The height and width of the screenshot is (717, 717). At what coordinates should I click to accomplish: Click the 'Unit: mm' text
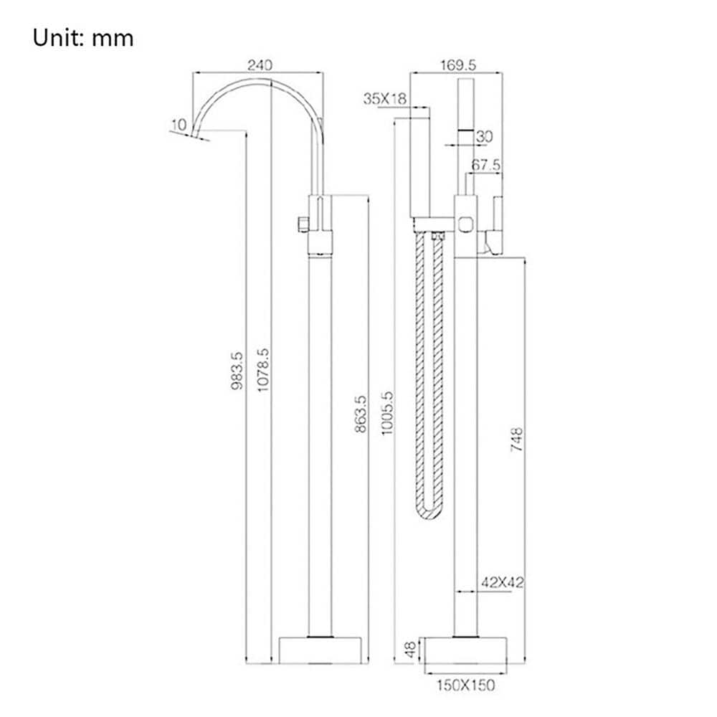click(83, 38)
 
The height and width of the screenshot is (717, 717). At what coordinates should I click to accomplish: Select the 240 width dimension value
click(260, 65)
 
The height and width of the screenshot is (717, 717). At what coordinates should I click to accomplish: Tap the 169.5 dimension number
click(458, 65)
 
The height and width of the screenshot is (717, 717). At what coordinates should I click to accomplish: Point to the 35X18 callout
click(384, 98)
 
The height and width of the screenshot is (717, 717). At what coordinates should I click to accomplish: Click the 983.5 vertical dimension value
click(237, 371)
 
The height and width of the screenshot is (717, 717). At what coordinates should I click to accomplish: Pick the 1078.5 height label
click(263, 370)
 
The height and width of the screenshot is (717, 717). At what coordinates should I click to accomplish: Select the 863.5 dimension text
click(361, 414)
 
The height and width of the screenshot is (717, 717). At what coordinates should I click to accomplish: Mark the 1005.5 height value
click(387, 413)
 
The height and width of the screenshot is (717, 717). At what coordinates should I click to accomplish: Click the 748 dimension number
click(517, 440)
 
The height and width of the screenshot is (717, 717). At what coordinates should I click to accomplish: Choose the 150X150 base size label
click(465, 685)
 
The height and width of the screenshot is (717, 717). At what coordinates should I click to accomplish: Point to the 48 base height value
click(411, 650)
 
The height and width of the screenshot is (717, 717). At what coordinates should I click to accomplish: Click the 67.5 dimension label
click(485, 165)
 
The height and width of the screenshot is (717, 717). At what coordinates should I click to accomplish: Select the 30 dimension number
click(484, 136)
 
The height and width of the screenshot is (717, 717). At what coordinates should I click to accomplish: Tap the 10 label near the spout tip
click(179, 124)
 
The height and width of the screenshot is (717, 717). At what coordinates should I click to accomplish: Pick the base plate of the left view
click(320, 650)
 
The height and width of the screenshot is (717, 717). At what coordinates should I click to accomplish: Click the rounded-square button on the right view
click(465, 223)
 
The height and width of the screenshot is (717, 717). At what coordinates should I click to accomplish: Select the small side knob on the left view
click(303, 224)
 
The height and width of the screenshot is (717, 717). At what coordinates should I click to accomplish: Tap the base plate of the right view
click(466, 650)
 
